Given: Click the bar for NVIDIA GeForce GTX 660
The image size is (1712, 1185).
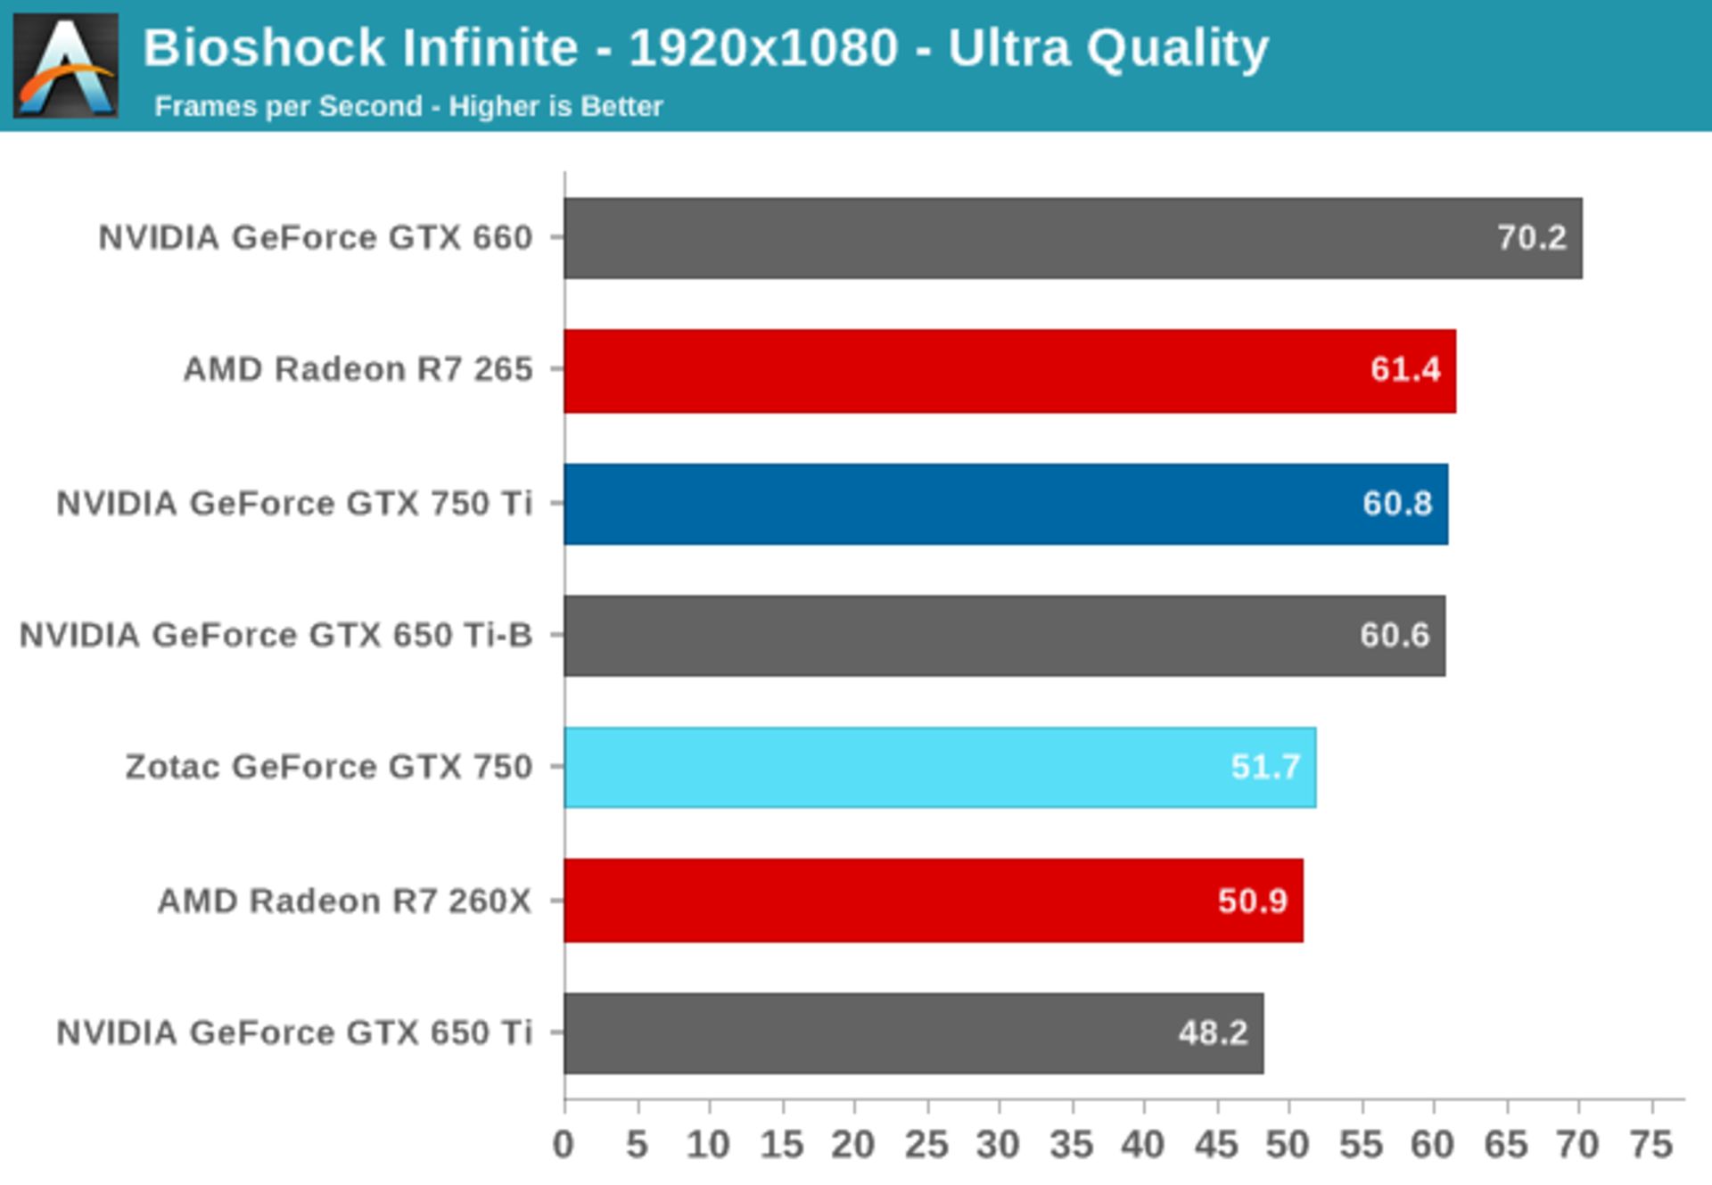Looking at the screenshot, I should coord(1073,238).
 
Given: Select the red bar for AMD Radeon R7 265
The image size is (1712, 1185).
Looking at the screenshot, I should coord(1009,371).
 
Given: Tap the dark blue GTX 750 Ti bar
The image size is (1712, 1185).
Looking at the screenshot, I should coord(1006,504).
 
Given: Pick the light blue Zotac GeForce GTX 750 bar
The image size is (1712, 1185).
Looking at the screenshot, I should coord(940,768).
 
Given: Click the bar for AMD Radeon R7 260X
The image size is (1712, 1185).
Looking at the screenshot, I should coord(934,901).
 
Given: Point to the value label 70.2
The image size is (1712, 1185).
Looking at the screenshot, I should coord(1531,238).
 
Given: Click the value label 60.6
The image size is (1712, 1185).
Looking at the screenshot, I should coord(1395,636).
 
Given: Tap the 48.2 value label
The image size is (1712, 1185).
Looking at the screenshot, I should coord(1213,1033).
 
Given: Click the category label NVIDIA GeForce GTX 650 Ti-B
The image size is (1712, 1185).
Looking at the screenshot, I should coord(276,636).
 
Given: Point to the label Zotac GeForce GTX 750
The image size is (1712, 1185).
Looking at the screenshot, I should coord(328,768).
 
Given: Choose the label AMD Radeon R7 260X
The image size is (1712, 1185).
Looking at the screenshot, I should coord(344,901).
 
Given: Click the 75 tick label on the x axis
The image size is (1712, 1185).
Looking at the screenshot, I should coord(1651,1145).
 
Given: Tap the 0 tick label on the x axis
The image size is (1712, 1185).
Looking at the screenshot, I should coord(564,1145).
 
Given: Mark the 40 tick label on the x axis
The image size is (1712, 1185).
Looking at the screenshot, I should coord(1143,1145).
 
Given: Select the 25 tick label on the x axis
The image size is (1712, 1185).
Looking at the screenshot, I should coord(926,1145).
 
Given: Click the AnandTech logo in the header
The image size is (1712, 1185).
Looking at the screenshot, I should coord(65,65).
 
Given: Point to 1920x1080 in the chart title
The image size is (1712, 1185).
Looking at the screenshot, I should coord(762,48).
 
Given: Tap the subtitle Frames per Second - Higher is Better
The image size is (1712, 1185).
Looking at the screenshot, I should coord(408,107).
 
